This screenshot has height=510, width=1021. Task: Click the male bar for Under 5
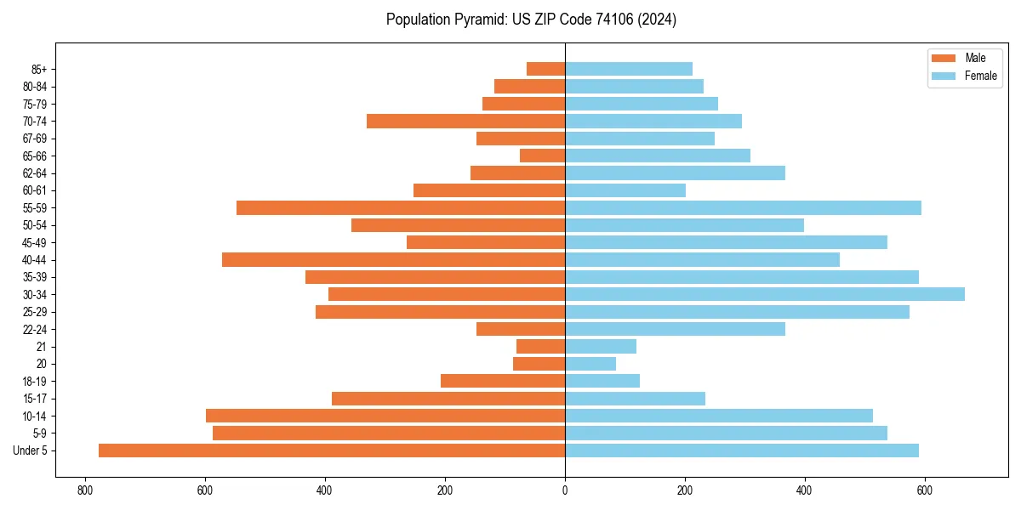tap(332, 450)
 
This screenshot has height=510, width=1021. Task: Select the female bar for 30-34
tap(765, 294)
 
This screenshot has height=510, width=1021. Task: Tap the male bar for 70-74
tap(465, 121)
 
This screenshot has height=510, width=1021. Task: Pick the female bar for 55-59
tap(743, 207)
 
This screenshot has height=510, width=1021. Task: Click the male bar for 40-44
tap(393, 259)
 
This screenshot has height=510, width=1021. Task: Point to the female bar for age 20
tap(590, 364)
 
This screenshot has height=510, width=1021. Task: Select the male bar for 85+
tap(545, 69)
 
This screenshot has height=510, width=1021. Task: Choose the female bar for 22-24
tap(675, 329)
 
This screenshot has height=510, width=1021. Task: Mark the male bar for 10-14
tap(385, 416)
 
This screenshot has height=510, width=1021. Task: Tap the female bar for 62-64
tap(675, 173)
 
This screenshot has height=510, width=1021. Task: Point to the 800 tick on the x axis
tap(84, 490)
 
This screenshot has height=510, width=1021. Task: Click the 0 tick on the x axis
tap(565, 490)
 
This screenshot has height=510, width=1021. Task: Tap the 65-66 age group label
tap(35, 156)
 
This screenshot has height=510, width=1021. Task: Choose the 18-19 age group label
tap(35, 381)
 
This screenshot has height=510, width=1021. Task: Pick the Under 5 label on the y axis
tap(31, 450)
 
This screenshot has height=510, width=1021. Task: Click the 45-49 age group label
tap(35, 242)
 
